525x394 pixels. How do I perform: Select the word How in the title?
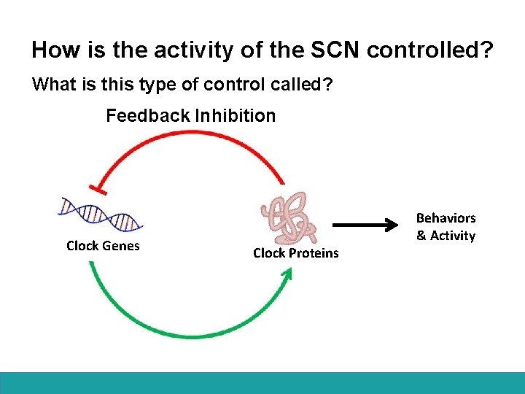50,50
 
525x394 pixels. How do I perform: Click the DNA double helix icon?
100,213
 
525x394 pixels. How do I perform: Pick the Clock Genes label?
103,246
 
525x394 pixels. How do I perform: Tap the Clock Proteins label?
295,253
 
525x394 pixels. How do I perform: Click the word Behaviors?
446,218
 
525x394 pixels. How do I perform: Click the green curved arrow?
182,332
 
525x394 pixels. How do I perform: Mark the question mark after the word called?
328,85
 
